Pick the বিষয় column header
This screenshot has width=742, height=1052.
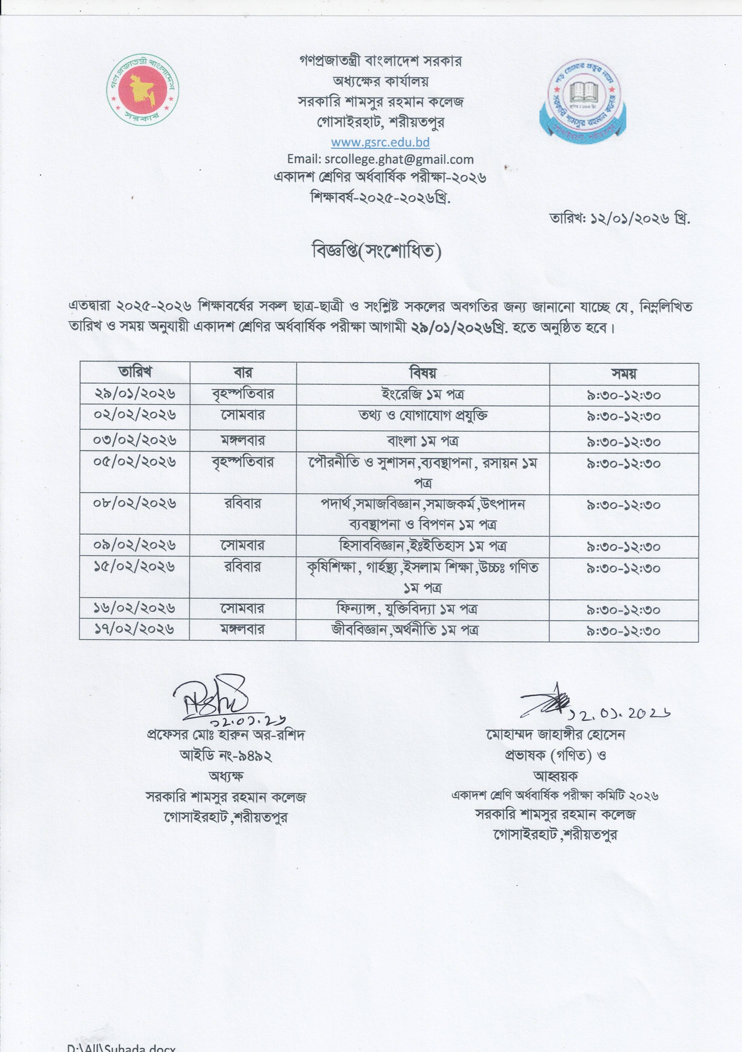[423, 373]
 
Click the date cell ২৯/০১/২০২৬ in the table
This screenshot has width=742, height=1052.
[135, 394]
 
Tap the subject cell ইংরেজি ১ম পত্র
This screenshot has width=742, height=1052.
[423, 394]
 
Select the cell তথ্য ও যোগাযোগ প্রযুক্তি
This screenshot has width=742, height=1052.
[423, 416]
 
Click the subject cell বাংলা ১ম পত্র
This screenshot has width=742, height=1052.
[423, 441]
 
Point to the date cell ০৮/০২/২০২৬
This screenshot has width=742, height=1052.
[135, 503]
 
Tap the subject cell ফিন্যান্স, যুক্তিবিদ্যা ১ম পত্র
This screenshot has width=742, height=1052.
[423, 609]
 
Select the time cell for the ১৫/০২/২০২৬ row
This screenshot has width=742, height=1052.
[624, 568]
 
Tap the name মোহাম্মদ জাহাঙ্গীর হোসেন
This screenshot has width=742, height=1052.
[556, 735]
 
